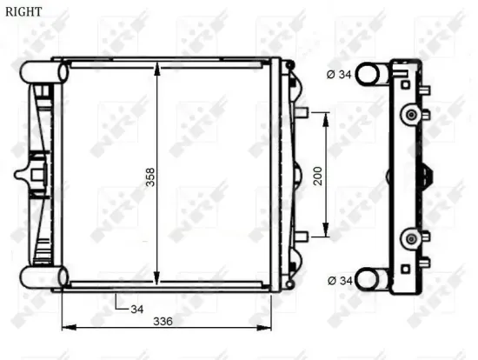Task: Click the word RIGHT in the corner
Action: pyautogui.click(x=22, y=12)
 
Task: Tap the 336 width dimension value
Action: pyautogui.click(x=163, y=321)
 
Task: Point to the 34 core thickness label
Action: pyautogui.click(x=136, y=308)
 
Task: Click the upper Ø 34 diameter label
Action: pyautogui.click(x=341, y=74)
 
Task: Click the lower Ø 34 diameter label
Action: pyautogui.click(x=341, y=280)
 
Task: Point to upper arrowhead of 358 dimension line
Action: pyautogui.click(x=156, y=69)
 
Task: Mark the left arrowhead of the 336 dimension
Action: pyautogui.click(x=67, y=328)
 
